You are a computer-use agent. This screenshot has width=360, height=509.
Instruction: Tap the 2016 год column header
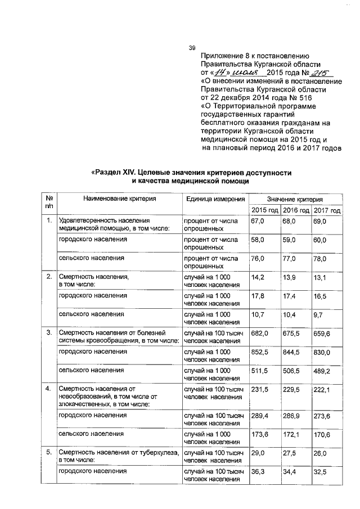coord(296,210)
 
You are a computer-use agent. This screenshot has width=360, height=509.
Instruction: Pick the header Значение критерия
coord(295,199)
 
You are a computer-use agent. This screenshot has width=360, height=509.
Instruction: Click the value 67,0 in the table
coord(258,222)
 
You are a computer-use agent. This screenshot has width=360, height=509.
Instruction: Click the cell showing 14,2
coord(258,277)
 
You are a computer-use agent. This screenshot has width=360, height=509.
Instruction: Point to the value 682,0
coord(259,333)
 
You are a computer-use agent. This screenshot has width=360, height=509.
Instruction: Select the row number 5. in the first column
coord(49,452)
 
